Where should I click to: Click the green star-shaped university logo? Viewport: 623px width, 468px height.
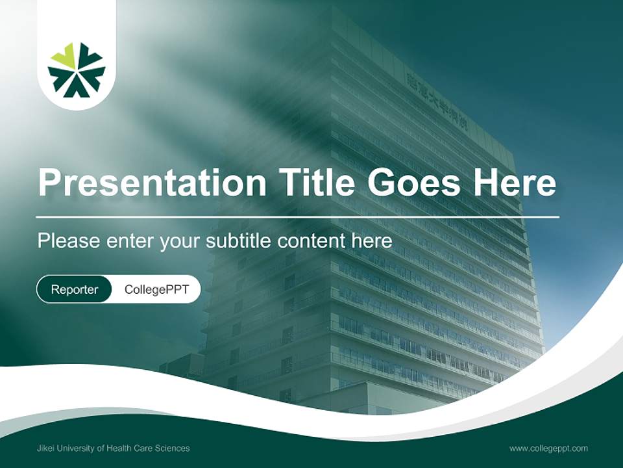tap(77, 70)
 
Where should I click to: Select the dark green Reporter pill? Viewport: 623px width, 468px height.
tap(75, 289)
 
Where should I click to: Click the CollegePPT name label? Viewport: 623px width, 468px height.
tap(156, 289)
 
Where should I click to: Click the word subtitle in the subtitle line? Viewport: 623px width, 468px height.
tap(239, 241)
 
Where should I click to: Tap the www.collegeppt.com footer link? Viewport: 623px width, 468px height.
tap(548, 448)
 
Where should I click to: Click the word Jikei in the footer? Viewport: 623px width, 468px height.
tap(47, 448)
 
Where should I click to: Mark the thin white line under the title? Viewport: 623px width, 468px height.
tap(298, 216)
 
